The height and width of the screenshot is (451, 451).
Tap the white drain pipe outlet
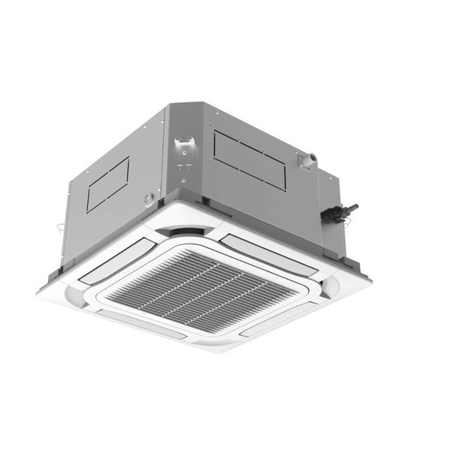click(x=307, y=159)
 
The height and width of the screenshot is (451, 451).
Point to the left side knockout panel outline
click(x=107, y=183)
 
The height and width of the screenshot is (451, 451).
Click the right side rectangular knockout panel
click(x=250, y=159)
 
